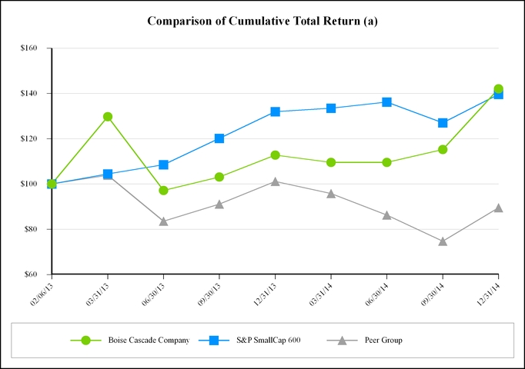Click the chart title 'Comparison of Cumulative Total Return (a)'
pyautogui.click(x=262, y=20)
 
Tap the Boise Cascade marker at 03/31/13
pyautogui.click(x=108, y=117)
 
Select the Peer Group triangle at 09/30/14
pyautogui.click(x=443, y=241)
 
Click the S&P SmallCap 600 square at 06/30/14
pyautogui.click(x=386, y=102)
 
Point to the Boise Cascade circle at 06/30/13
pyautogui.click(x=163, y=190)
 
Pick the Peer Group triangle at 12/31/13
pyautogui.click(x=275, y=181)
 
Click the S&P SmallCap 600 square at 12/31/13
pyautogui.click(x=275, y=112)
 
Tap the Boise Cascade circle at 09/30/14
pyautogui.click(x=443, y=149)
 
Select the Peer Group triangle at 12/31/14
pyautogui.click(x=498, y=208)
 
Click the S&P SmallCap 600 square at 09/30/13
pyautogui.click(x=219, y=138)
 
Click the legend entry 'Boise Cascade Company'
pyautogui.click(x=148, y=340)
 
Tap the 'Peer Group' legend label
pyautogui.click(x=383, y=340)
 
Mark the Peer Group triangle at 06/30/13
pyautogui.click(x=163, y=221)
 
